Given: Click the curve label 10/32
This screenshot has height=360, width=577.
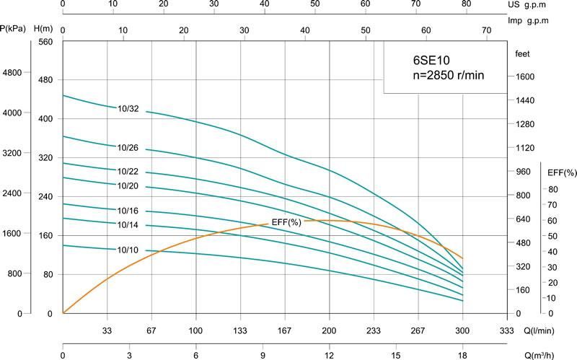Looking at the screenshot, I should click(x=128, y=109).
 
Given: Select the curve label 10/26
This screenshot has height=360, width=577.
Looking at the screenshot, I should click(x=128, y=147).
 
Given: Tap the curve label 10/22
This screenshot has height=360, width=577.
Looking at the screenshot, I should click(x=128, y=171).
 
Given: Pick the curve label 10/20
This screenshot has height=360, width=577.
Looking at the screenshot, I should click(x=128, y=187).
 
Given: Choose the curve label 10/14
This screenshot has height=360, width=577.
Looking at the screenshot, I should click(x=128, y=226).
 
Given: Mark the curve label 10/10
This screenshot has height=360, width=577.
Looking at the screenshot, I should click(x=128, y=250).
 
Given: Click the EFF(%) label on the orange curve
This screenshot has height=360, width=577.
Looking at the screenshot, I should click(x=286, y=221).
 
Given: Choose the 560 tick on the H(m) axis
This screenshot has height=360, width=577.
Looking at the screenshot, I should click(x=46, y=42).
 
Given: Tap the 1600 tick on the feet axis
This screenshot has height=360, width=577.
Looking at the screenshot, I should click(x=524, y=76).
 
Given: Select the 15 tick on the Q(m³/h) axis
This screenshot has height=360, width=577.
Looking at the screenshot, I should click(x=395, y=356).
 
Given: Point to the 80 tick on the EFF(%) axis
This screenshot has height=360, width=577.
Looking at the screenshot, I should click(x=552, y=189).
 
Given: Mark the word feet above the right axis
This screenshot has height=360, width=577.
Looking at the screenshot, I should click(x=523, y=54).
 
